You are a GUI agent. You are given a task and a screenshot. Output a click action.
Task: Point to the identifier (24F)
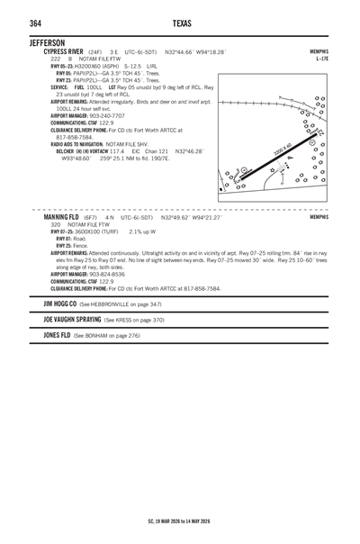[94, 52]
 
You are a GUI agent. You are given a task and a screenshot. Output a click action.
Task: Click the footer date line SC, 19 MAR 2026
[180, 521]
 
